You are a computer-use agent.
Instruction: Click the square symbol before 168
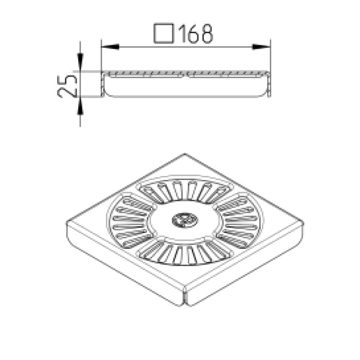[164, 33]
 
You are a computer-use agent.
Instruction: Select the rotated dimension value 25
[67, 86]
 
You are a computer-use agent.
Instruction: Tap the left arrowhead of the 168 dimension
[110, 47]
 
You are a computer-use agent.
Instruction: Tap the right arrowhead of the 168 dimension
[261, 47]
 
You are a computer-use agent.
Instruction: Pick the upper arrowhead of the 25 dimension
[80, 62]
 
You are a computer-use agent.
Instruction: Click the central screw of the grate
[185, 220]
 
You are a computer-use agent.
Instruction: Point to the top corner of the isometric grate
[185, 154]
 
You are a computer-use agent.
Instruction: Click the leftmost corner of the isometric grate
[67, 223]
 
